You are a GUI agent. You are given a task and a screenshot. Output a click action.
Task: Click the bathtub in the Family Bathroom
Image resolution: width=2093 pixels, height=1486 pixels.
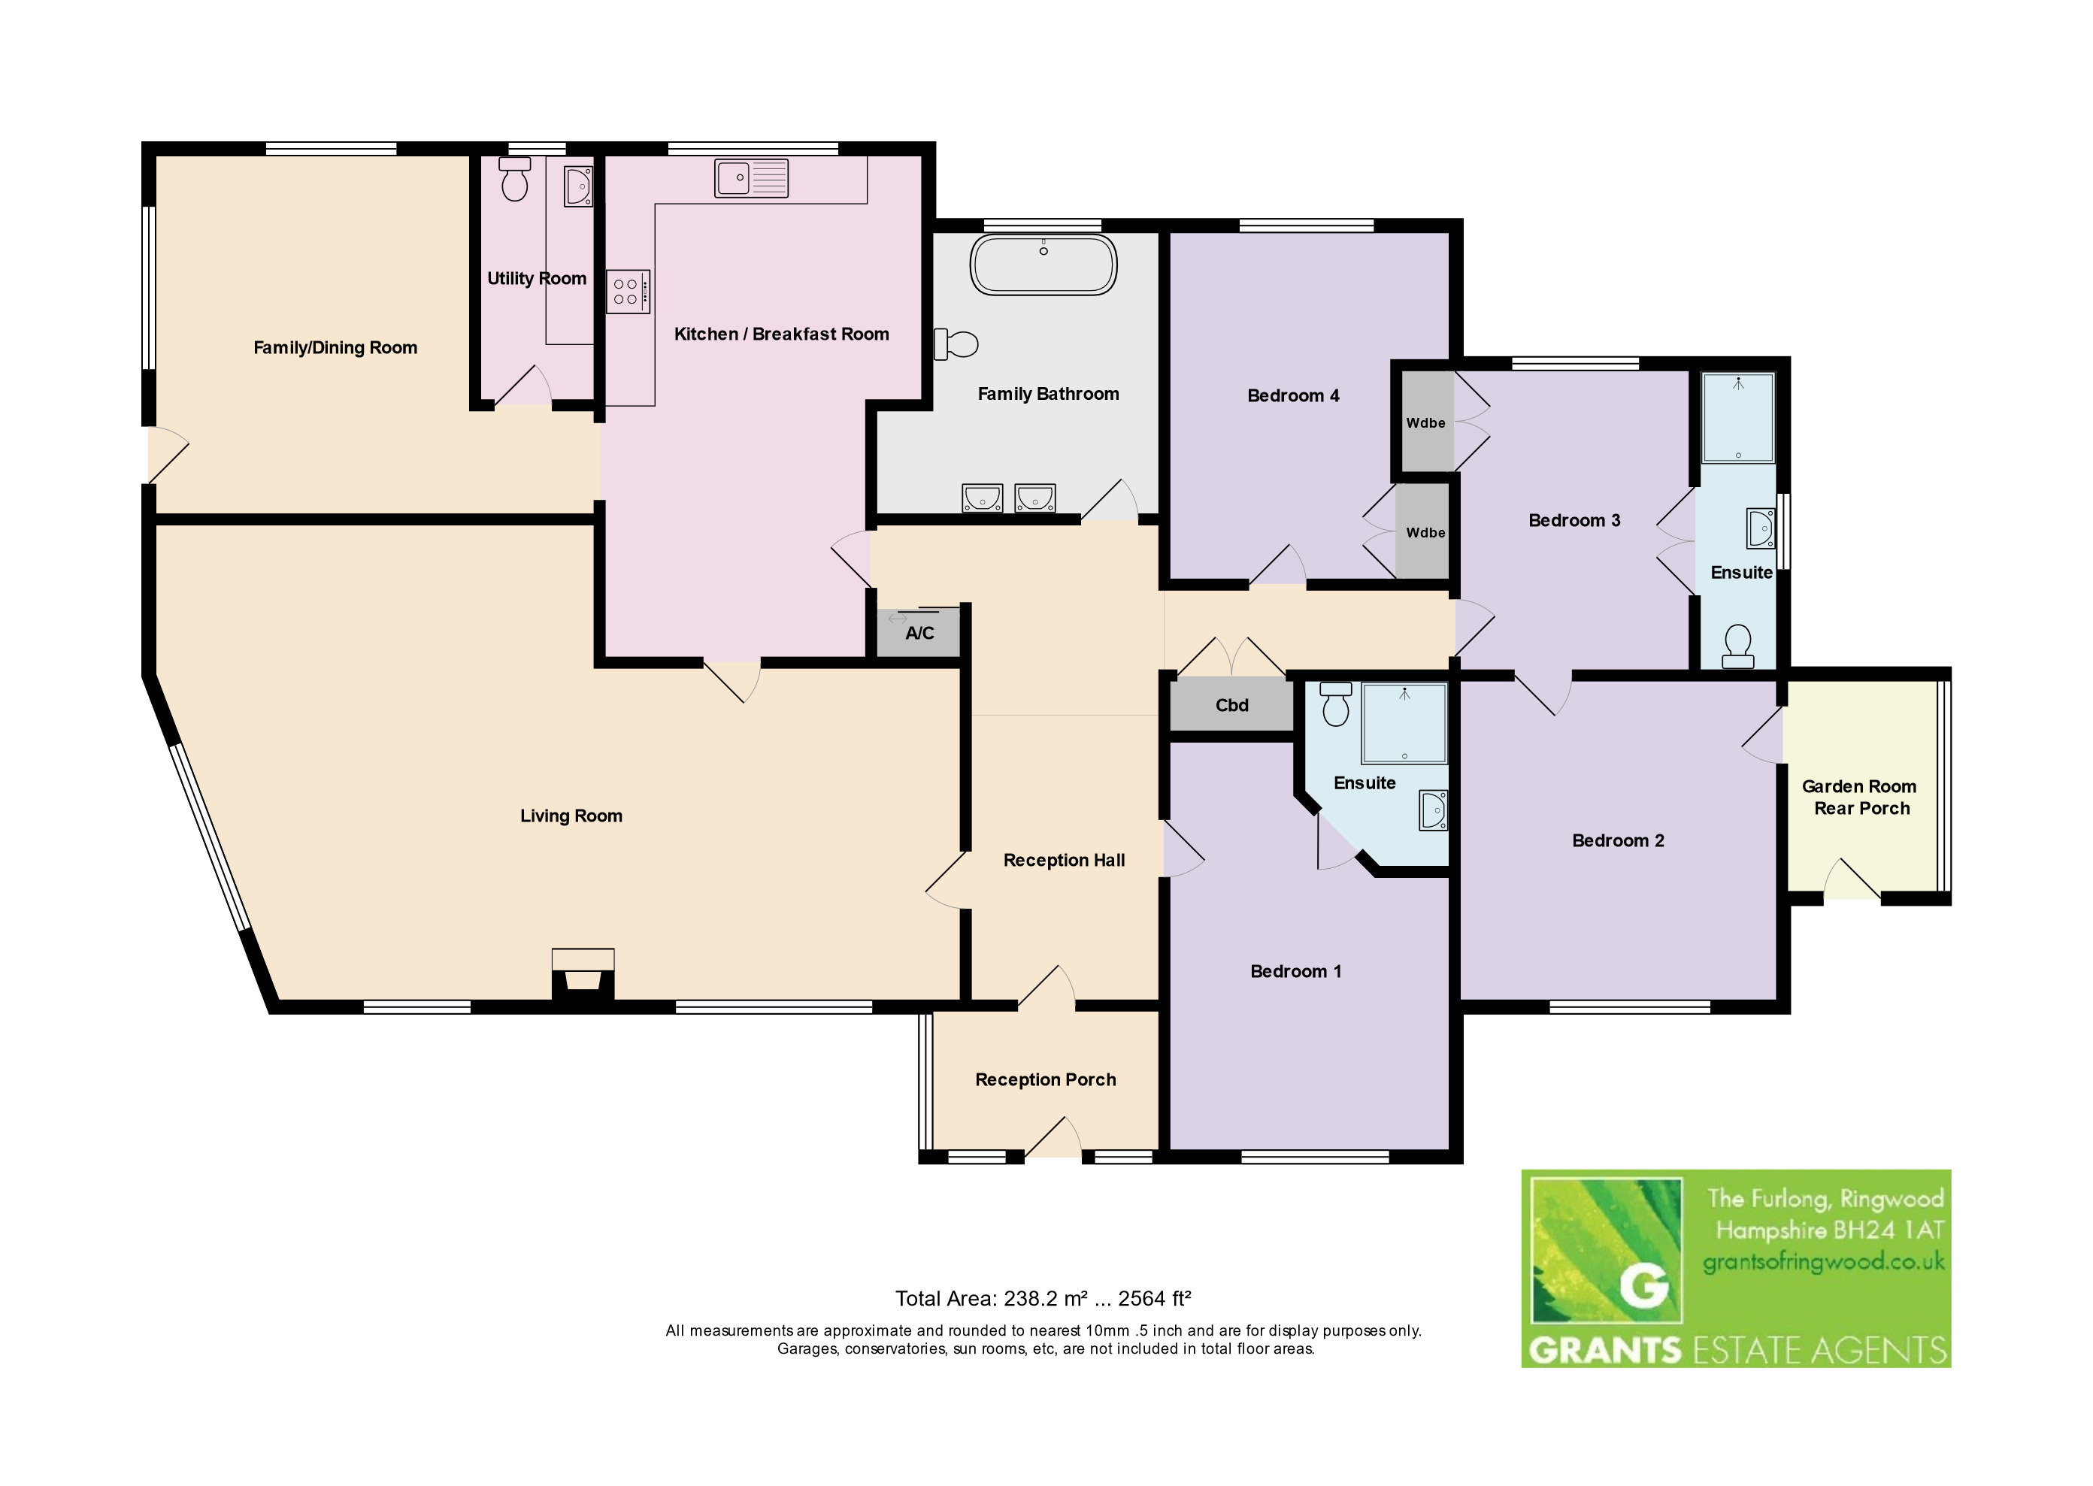[1043, 265]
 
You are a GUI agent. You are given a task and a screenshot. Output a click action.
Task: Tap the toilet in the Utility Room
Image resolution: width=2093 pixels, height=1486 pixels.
[514, 180]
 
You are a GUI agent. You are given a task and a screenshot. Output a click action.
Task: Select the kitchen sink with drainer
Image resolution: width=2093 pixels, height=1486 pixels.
[751, 177]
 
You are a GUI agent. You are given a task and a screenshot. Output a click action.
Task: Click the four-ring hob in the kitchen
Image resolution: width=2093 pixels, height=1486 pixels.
[629, 292]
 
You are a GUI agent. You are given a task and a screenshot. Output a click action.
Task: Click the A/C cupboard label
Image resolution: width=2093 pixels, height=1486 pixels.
[919, 633]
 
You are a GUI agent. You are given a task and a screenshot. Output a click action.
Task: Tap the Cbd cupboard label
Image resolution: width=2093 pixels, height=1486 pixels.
[1232, 706]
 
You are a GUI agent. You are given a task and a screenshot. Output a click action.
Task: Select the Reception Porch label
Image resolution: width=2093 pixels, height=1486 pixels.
[1045, 1079]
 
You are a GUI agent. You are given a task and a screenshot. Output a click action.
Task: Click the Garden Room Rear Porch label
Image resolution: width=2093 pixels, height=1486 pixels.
[1860, 797]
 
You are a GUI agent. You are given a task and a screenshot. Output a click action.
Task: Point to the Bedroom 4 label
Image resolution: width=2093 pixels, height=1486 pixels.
[1293, 395]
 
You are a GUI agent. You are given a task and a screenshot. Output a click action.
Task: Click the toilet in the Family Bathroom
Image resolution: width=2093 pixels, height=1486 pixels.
[956, 344]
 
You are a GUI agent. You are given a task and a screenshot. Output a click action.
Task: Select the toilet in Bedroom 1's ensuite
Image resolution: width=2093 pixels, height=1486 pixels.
[1336, 704]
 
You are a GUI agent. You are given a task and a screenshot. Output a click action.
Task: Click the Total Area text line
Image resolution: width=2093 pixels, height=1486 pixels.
[1043, 1298]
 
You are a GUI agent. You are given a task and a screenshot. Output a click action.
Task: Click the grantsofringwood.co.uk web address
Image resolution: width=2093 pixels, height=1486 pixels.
[1823, 1263]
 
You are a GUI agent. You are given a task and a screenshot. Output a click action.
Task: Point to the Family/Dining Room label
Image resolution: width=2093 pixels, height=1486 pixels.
[335, 348]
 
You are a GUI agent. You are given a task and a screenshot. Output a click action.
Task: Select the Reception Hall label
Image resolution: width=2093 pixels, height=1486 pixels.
[1064, 860]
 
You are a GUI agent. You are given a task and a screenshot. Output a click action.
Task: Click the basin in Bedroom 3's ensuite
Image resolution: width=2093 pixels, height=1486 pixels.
[1761, 528]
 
